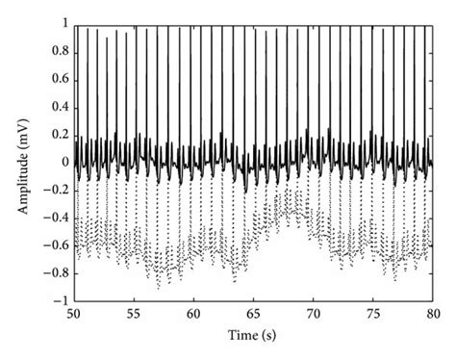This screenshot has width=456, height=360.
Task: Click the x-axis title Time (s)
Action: (x=254, y=336)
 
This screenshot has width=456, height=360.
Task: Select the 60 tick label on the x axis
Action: (x=194, y=315)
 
